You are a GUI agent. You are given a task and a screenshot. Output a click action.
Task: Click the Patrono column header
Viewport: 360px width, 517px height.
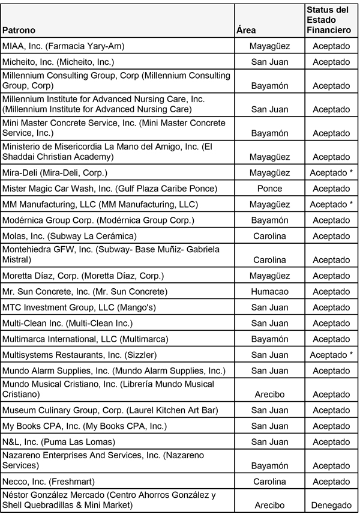tap(19, 30)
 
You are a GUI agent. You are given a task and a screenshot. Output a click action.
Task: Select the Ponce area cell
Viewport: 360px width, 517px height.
tap(269, 189)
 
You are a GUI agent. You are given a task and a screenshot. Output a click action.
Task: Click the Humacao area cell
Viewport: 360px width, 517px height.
tap(269, 292)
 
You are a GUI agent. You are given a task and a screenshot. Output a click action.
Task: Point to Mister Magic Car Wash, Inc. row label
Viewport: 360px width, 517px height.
tap(110, 189)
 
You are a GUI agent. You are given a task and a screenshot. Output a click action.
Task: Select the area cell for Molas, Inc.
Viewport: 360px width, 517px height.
tap(269, 236)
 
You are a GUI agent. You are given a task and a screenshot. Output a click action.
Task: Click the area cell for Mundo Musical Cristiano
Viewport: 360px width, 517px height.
tap(269, 395)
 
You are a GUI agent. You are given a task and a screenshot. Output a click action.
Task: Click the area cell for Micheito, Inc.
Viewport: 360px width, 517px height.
tap(269, 62)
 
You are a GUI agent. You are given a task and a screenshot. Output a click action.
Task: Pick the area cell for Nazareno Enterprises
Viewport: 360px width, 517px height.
tap(269, 466)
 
